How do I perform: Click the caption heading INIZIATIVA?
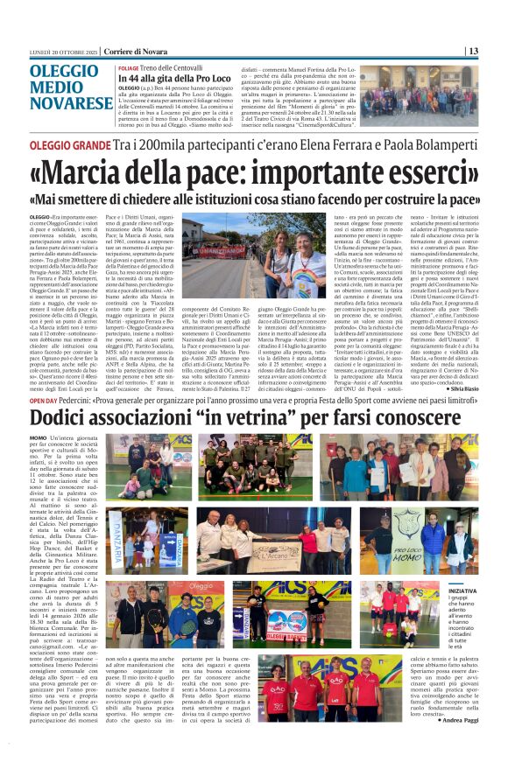[462, 591]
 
